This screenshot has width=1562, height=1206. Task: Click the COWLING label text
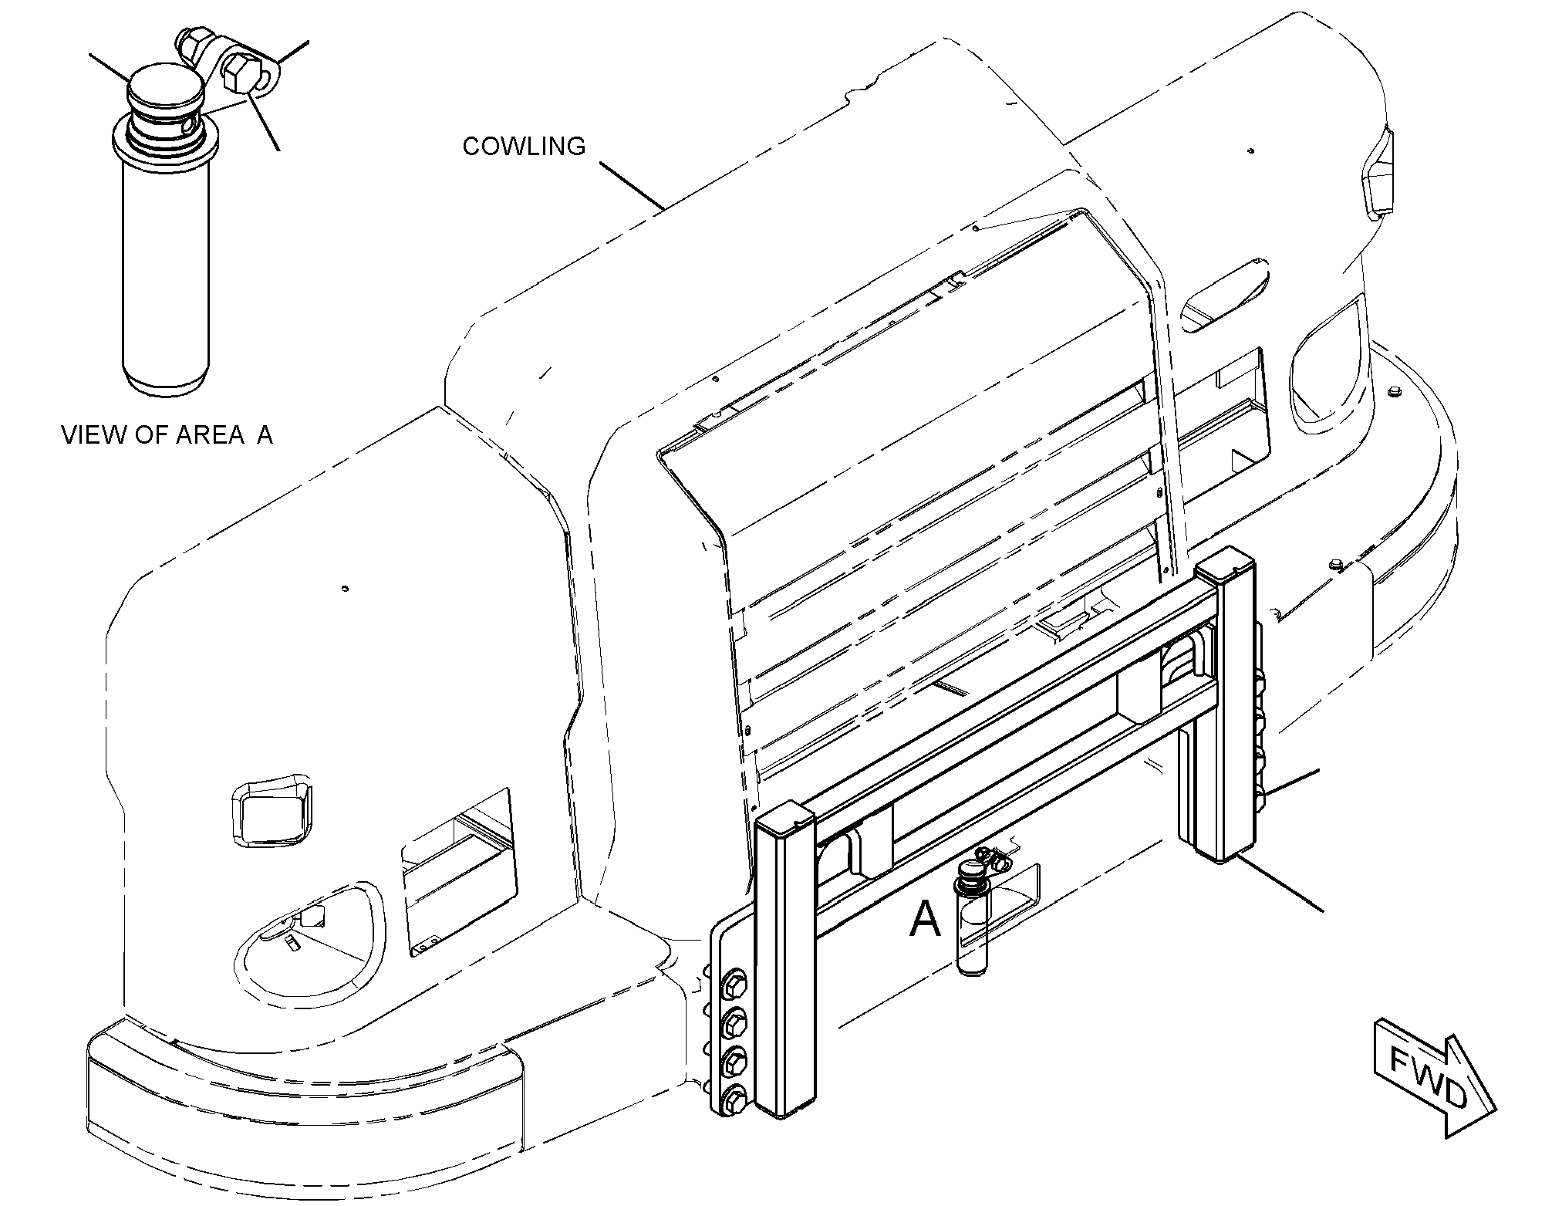[524, 146]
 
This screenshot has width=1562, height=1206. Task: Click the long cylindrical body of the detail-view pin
[165, 274]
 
